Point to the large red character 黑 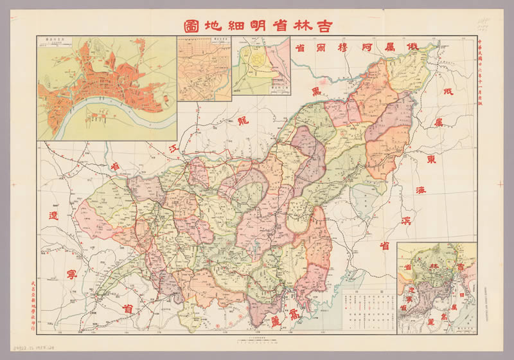click(316, 91)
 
